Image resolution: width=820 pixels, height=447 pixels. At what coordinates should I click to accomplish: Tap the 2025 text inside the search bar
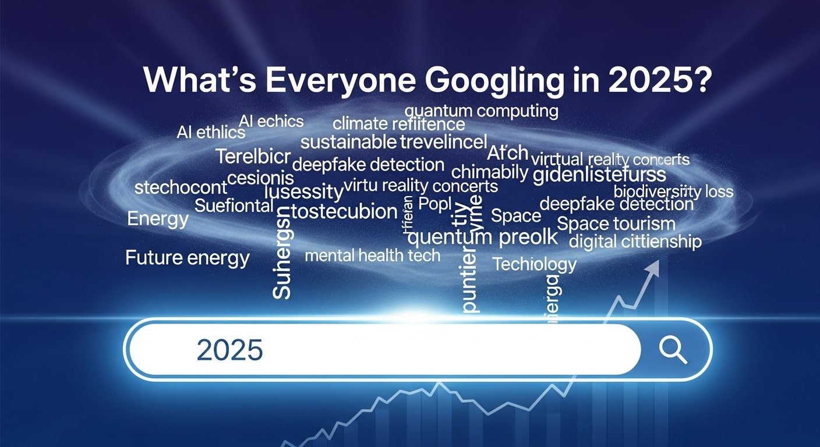(230, 349)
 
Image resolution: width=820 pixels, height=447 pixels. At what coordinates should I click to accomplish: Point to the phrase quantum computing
(481, 111)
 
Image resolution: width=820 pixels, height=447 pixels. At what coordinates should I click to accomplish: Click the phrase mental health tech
(373, 255)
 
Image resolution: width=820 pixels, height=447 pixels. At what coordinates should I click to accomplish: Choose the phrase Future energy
(188, 257)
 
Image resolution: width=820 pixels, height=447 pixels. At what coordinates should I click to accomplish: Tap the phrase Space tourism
(616, 223)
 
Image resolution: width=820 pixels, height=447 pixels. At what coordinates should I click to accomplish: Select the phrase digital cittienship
(635, 241)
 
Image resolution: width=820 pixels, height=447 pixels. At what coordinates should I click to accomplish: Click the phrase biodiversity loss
(673, 191)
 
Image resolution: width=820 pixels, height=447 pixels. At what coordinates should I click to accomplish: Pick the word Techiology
(534, 264)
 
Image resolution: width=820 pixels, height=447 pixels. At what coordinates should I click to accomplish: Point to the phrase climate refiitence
(399, 124)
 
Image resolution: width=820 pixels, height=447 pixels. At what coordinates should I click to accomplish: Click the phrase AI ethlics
(210, 132)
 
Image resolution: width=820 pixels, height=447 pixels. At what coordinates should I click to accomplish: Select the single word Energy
(158, 219)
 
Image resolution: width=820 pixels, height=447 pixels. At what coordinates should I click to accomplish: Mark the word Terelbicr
(252, 157)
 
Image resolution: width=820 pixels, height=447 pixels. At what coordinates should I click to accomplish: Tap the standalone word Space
(516, 216)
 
